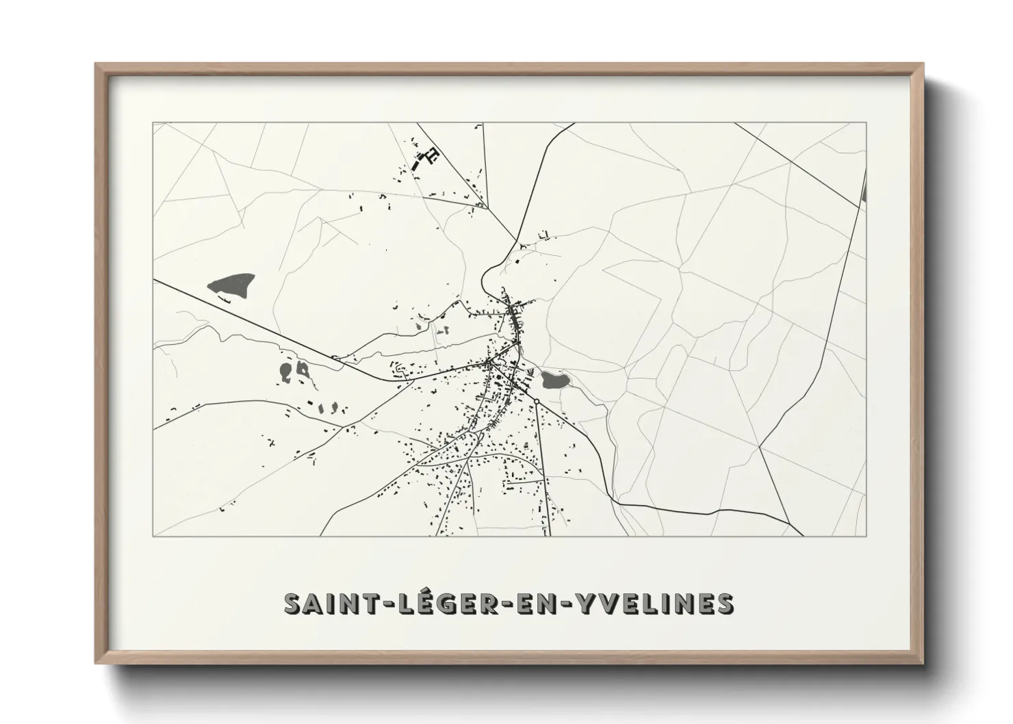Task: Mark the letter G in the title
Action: (x=426, y=603)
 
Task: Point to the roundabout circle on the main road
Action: (x=537, y=401)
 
